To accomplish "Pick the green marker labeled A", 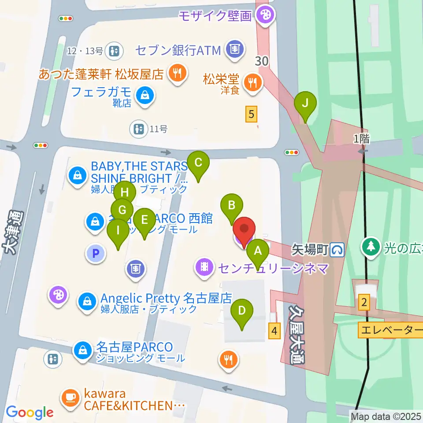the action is (x=258, y=252).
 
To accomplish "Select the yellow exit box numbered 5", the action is (x=251, y=115).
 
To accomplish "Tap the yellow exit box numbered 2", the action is (x=364, y=302).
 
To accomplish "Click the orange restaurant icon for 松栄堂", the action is (x=253, y=82).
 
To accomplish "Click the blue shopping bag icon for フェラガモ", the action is (x=144, y=94).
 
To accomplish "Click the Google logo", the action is (x=30, y=412).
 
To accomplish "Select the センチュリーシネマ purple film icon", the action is (x=204, y=266).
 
